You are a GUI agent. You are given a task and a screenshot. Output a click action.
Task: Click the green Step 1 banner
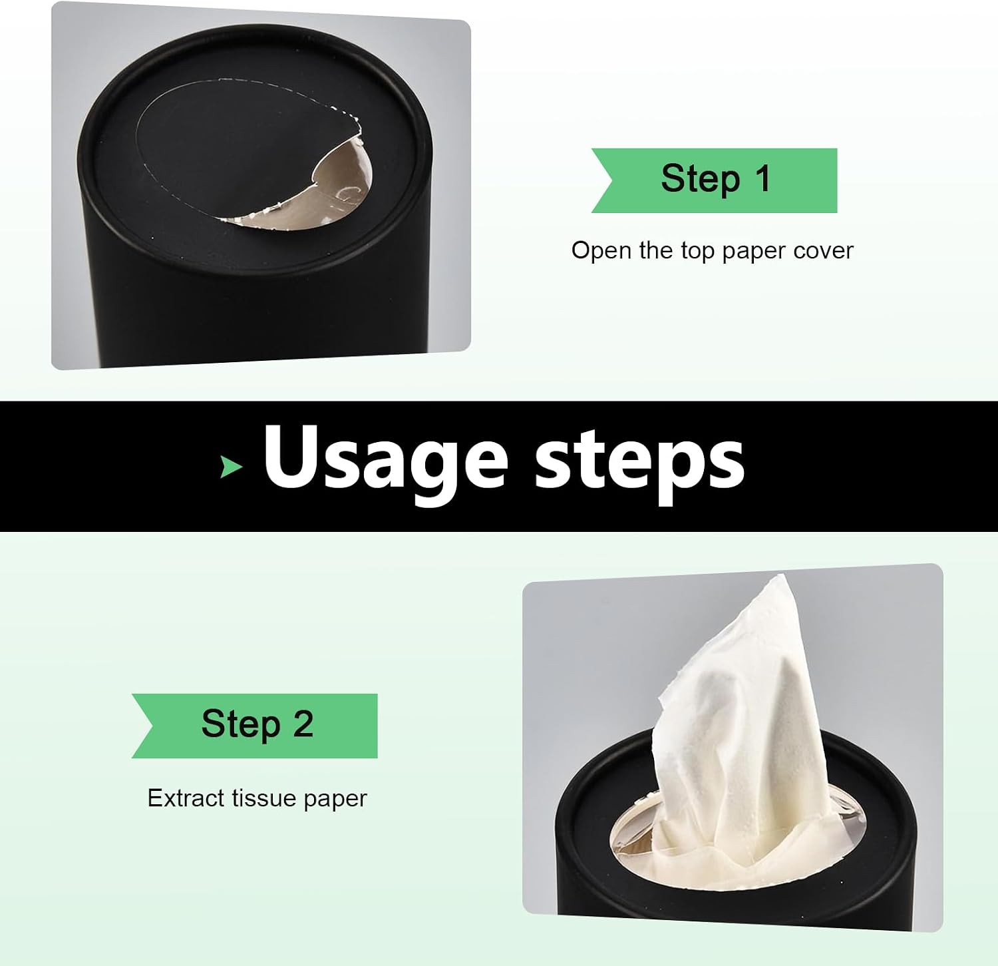point(715,180)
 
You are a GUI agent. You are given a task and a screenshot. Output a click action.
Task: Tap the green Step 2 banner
point(255,726)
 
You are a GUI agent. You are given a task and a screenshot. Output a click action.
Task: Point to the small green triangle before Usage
point(230,467)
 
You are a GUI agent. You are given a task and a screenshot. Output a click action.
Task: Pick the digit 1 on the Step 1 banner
point(762,178)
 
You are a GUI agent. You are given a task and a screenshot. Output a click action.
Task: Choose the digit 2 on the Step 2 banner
point(303,724)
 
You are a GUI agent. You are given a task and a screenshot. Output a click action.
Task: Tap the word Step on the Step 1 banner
point(700,179)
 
